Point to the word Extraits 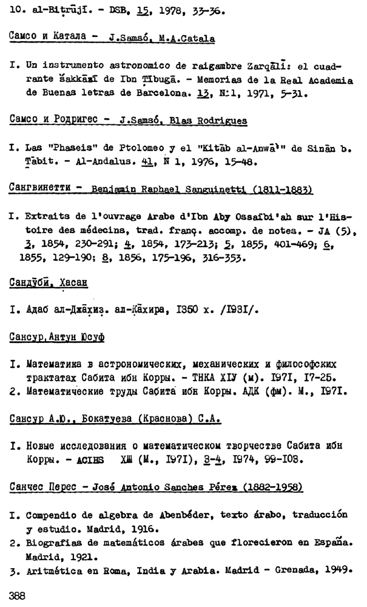click(46, 215)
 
